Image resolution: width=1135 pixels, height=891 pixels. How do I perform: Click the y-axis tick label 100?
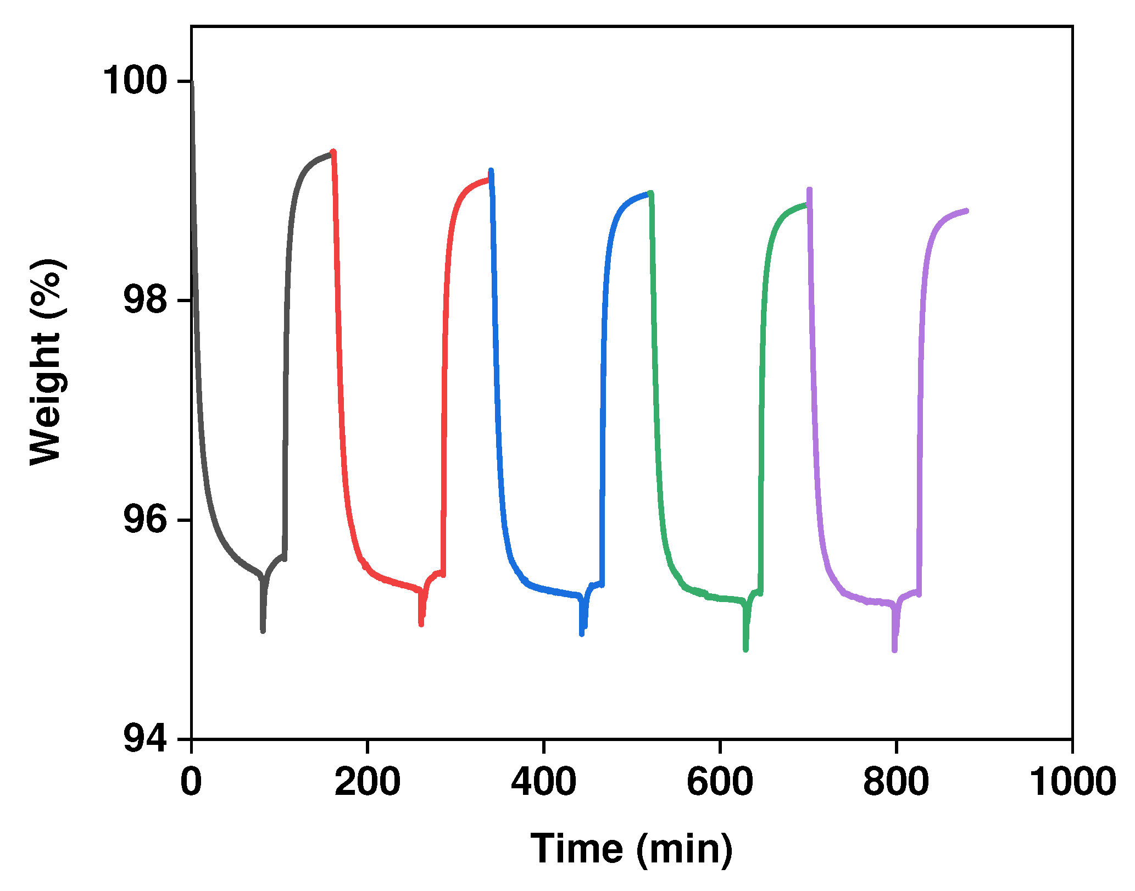click(x=135, y=81)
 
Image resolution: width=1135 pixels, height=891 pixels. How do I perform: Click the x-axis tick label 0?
click(x=191, y=782)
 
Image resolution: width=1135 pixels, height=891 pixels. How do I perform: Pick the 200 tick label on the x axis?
click(x=368, y=782)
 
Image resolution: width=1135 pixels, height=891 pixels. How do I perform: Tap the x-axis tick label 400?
click(x=543, y=782)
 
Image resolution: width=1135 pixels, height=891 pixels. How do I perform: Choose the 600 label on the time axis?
click(x=720, y=782)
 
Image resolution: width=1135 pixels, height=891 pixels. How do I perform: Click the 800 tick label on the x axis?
click(x=896, y=782)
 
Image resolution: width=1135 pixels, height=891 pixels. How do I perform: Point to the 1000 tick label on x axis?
click(x=1072, y=782)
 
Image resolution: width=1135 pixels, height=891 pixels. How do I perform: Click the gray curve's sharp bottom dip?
click(x=263, y=631)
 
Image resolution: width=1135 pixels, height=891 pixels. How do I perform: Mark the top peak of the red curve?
click(x=333, y=152)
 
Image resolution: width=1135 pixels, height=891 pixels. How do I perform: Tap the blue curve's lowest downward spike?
click(x=582, y=633)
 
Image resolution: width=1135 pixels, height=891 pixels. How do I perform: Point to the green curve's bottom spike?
click(x=745, y=649)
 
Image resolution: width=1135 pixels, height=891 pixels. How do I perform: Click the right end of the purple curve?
click(x=966, y=210)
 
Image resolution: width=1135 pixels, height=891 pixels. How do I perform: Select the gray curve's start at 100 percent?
click(x=192, y=82)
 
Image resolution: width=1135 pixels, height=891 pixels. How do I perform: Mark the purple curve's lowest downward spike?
click(x=895, y=650)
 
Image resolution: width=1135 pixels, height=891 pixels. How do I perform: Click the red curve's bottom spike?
click(x=421, y=624)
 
